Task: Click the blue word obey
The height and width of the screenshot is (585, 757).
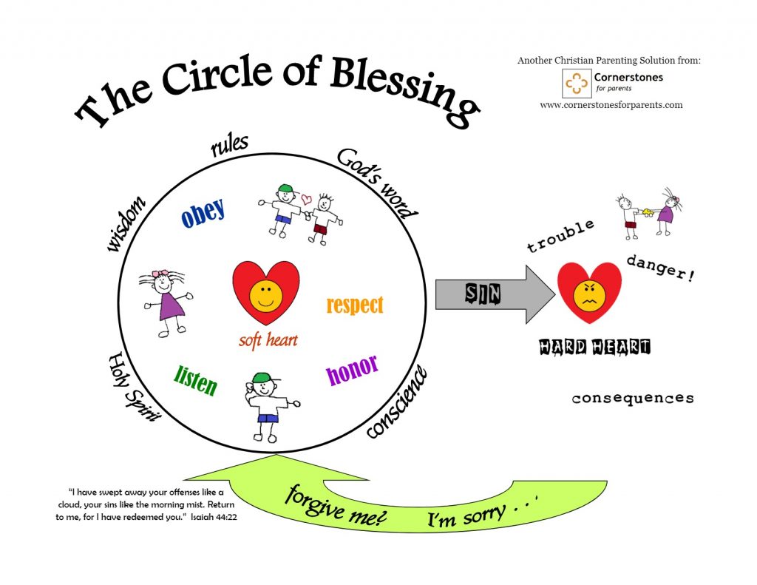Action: click(x=203, y=212)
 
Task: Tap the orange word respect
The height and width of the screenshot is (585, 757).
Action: click(x=355, y=304)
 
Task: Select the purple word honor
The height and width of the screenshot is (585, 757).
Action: click(x=352, y=369)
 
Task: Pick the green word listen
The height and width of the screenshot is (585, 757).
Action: click(x=196, y=380)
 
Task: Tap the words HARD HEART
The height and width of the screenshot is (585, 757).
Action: click(x=594, y=346)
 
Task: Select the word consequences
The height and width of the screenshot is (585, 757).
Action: click(x=633, y=399)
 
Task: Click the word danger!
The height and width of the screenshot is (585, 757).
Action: click(x=660, y=268)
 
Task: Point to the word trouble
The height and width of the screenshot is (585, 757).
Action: click(x=560, y=236)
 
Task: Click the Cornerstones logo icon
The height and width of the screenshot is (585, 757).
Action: click(x=577, y=84)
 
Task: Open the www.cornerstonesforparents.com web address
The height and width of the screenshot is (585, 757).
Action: click(x=611, y=105)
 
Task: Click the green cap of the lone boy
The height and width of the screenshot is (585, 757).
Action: click(x=260, y=379)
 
